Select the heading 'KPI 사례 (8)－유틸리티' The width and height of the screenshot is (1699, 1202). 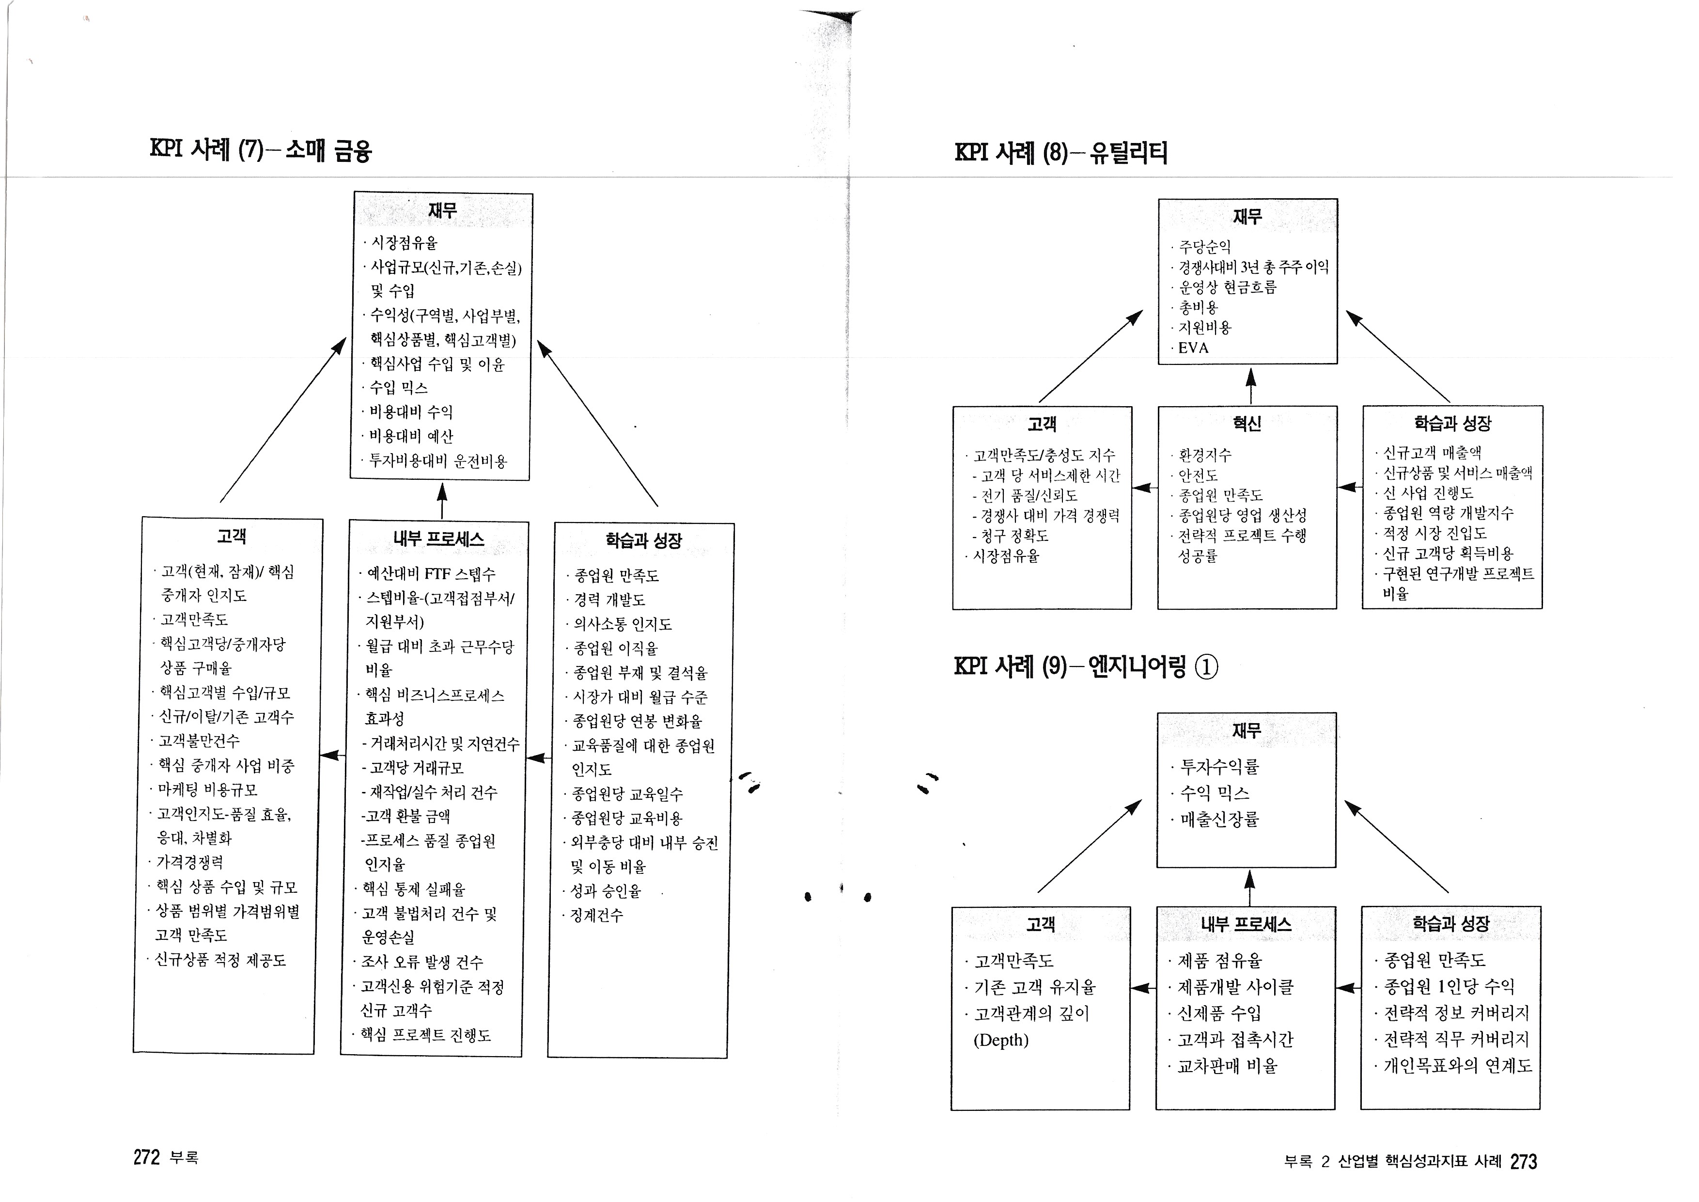click(1060, 153)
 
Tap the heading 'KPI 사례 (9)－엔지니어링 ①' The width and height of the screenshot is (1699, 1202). click(1086, 667)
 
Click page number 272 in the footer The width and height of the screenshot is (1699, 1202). click(146, 1157)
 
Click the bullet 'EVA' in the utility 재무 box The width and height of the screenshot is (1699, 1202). click(1193, 348)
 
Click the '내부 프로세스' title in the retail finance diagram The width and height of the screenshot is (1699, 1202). click(439, 539)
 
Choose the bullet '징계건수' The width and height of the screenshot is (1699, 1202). click(596, 916)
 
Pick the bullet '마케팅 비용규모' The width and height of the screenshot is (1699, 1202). click(208, 790)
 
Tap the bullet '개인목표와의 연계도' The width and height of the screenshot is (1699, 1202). click(1457, 1066)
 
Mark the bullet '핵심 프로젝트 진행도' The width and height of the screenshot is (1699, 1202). click(425, 1035)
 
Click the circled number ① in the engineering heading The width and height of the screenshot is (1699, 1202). click(1206, 667)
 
